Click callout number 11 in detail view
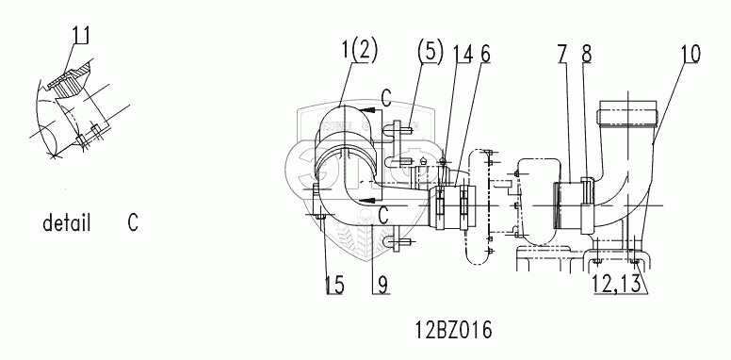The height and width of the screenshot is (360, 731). click(81, 36)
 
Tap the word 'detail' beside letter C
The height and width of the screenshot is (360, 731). click(66, 223)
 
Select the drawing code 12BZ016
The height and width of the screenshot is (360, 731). click(454, 331)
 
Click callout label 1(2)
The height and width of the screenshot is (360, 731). click(360, 51)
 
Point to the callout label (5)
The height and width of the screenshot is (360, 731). click(430, 51)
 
